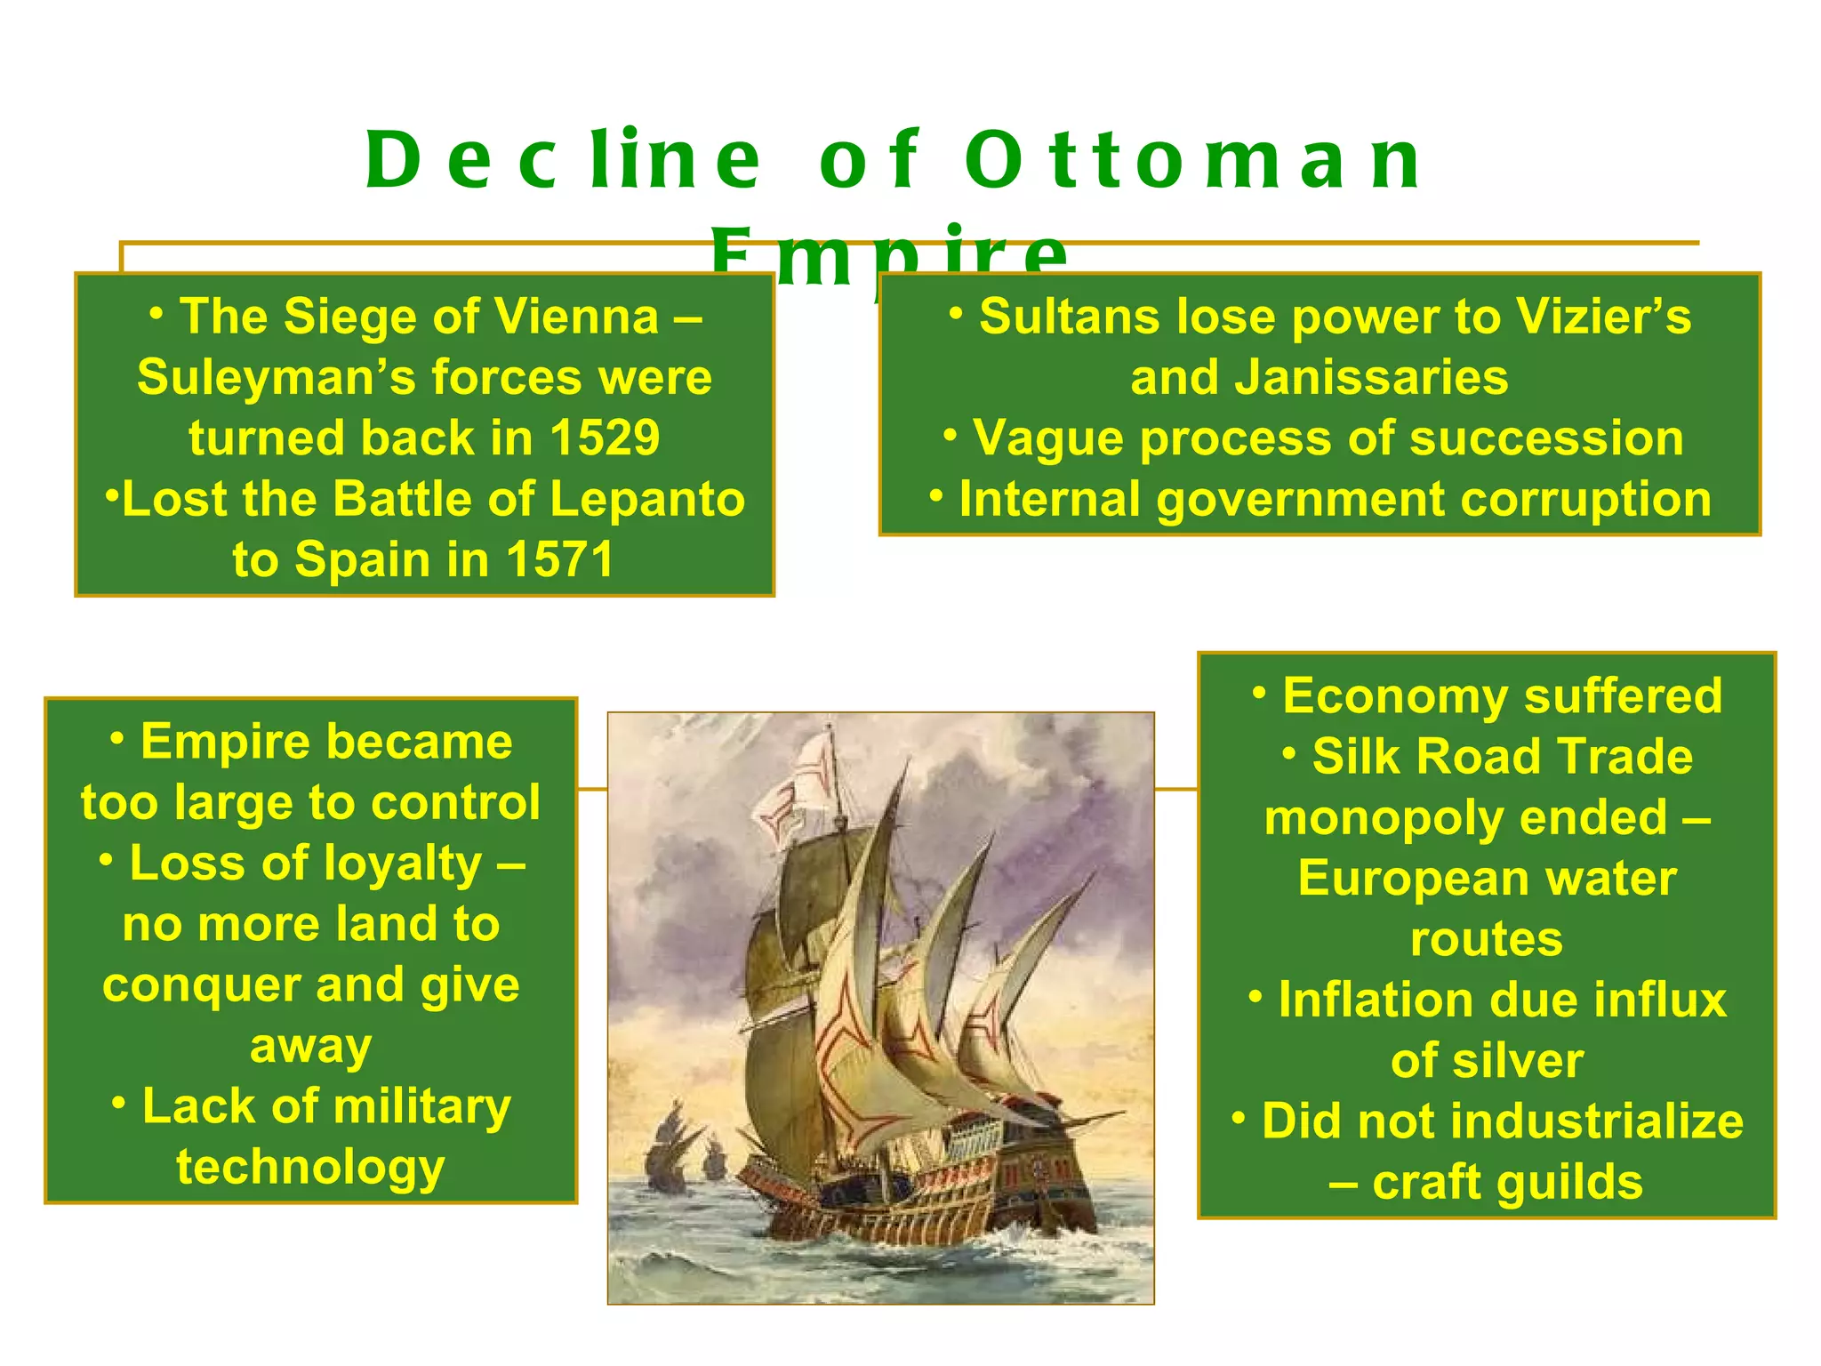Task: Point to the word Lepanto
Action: (x=647, y=499)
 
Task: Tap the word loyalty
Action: (x=394, y=864)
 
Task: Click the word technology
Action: (x=310, y=1168)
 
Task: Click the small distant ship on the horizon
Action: (x=669, y=1156)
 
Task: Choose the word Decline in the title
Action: (x=563, y=161)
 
